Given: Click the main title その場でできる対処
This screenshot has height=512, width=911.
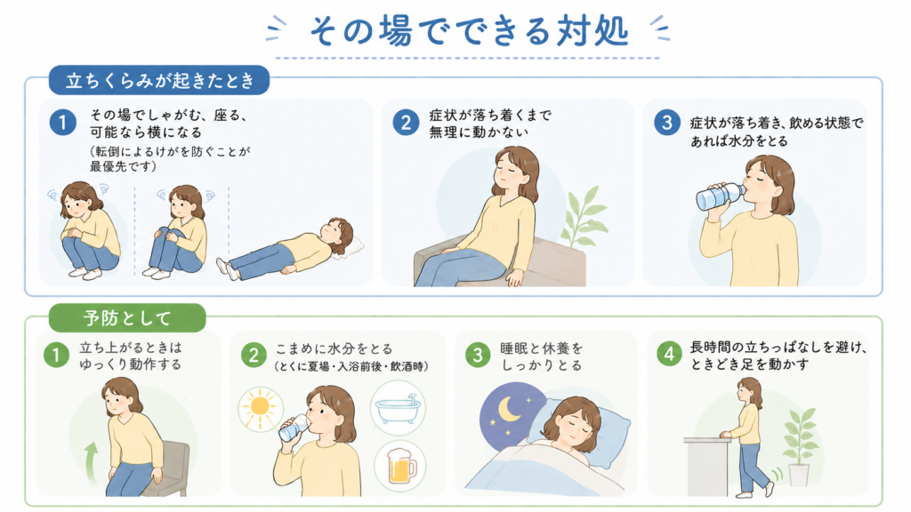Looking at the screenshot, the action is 469,31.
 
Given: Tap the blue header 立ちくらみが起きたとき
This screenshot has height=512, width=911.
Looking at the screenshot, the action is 159,80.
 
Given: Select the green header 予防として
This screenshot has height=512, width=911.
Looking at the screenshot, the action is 127,317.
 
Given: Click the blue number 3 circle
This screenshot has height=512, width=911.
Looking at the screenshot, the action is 667,123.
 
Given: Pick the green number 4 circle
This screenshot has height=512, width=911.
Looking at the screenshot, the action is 669,354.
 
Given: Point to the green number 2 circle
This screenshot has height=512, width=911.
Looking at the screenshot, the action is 254,354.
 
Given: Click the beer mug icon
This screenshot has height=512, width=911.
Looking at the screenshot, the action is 401,465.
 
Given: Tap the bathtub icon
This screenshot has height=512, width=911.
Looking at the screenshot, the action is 399,409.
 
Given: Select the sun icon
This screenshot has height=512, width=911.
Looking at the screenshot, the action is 261,408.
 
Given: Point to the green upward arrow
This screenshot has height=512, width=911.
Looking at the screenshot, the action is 92,462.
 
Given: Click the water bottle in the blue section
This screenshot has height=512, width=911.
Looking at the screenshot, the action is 720,196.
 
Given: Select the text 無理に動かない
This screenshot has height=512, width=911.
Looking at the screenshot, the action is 479,132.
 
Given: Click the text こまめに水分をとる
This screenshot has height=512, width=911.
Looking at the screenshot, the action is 335,348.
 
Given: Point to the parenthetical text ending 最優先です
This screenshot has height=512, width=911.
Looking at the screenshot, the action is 169,159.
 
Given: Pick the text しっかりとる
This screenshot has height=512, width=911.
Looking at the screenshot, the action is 542,365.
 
